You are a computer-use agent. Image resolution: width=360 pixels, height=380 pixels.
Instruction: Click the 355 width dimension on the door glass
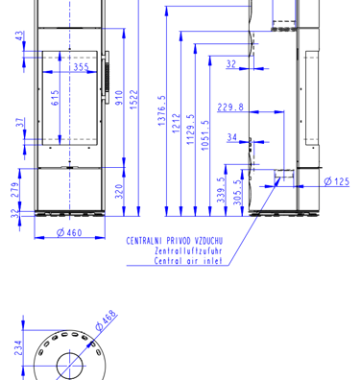[x=82, y=67]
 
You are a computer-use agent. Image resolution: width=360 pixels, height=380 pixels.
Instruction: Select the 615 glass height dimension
[x=55, y=98]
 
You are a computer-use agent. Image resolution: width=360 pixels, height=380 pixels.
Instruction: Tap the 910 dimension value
[x=119, y=98]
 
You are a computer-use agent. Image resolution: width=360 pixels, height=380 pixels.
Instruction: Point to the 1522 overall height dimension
[x=133, y=100]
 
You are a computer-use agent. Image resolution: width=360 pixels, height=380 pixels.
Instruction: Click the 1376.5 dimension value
[x=162, y=110]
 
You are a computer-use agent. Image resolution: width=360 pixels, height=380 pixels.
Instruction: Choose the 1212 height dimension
[x=177, y=124]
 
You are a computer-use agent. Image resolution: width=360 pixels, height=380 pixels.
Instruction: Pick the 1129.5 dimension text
[x=191, y=130]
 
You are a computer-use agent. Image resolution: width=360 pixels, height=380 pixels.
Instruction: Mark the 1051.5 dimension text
[x=205, y=135]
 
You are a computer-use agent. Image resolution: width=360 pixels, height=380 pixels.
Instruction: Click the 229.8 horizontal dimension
[x=230, y=107]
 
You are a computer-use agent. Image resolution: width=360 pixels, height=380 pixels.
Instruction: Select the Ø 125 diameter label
[x=337, y=181]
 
